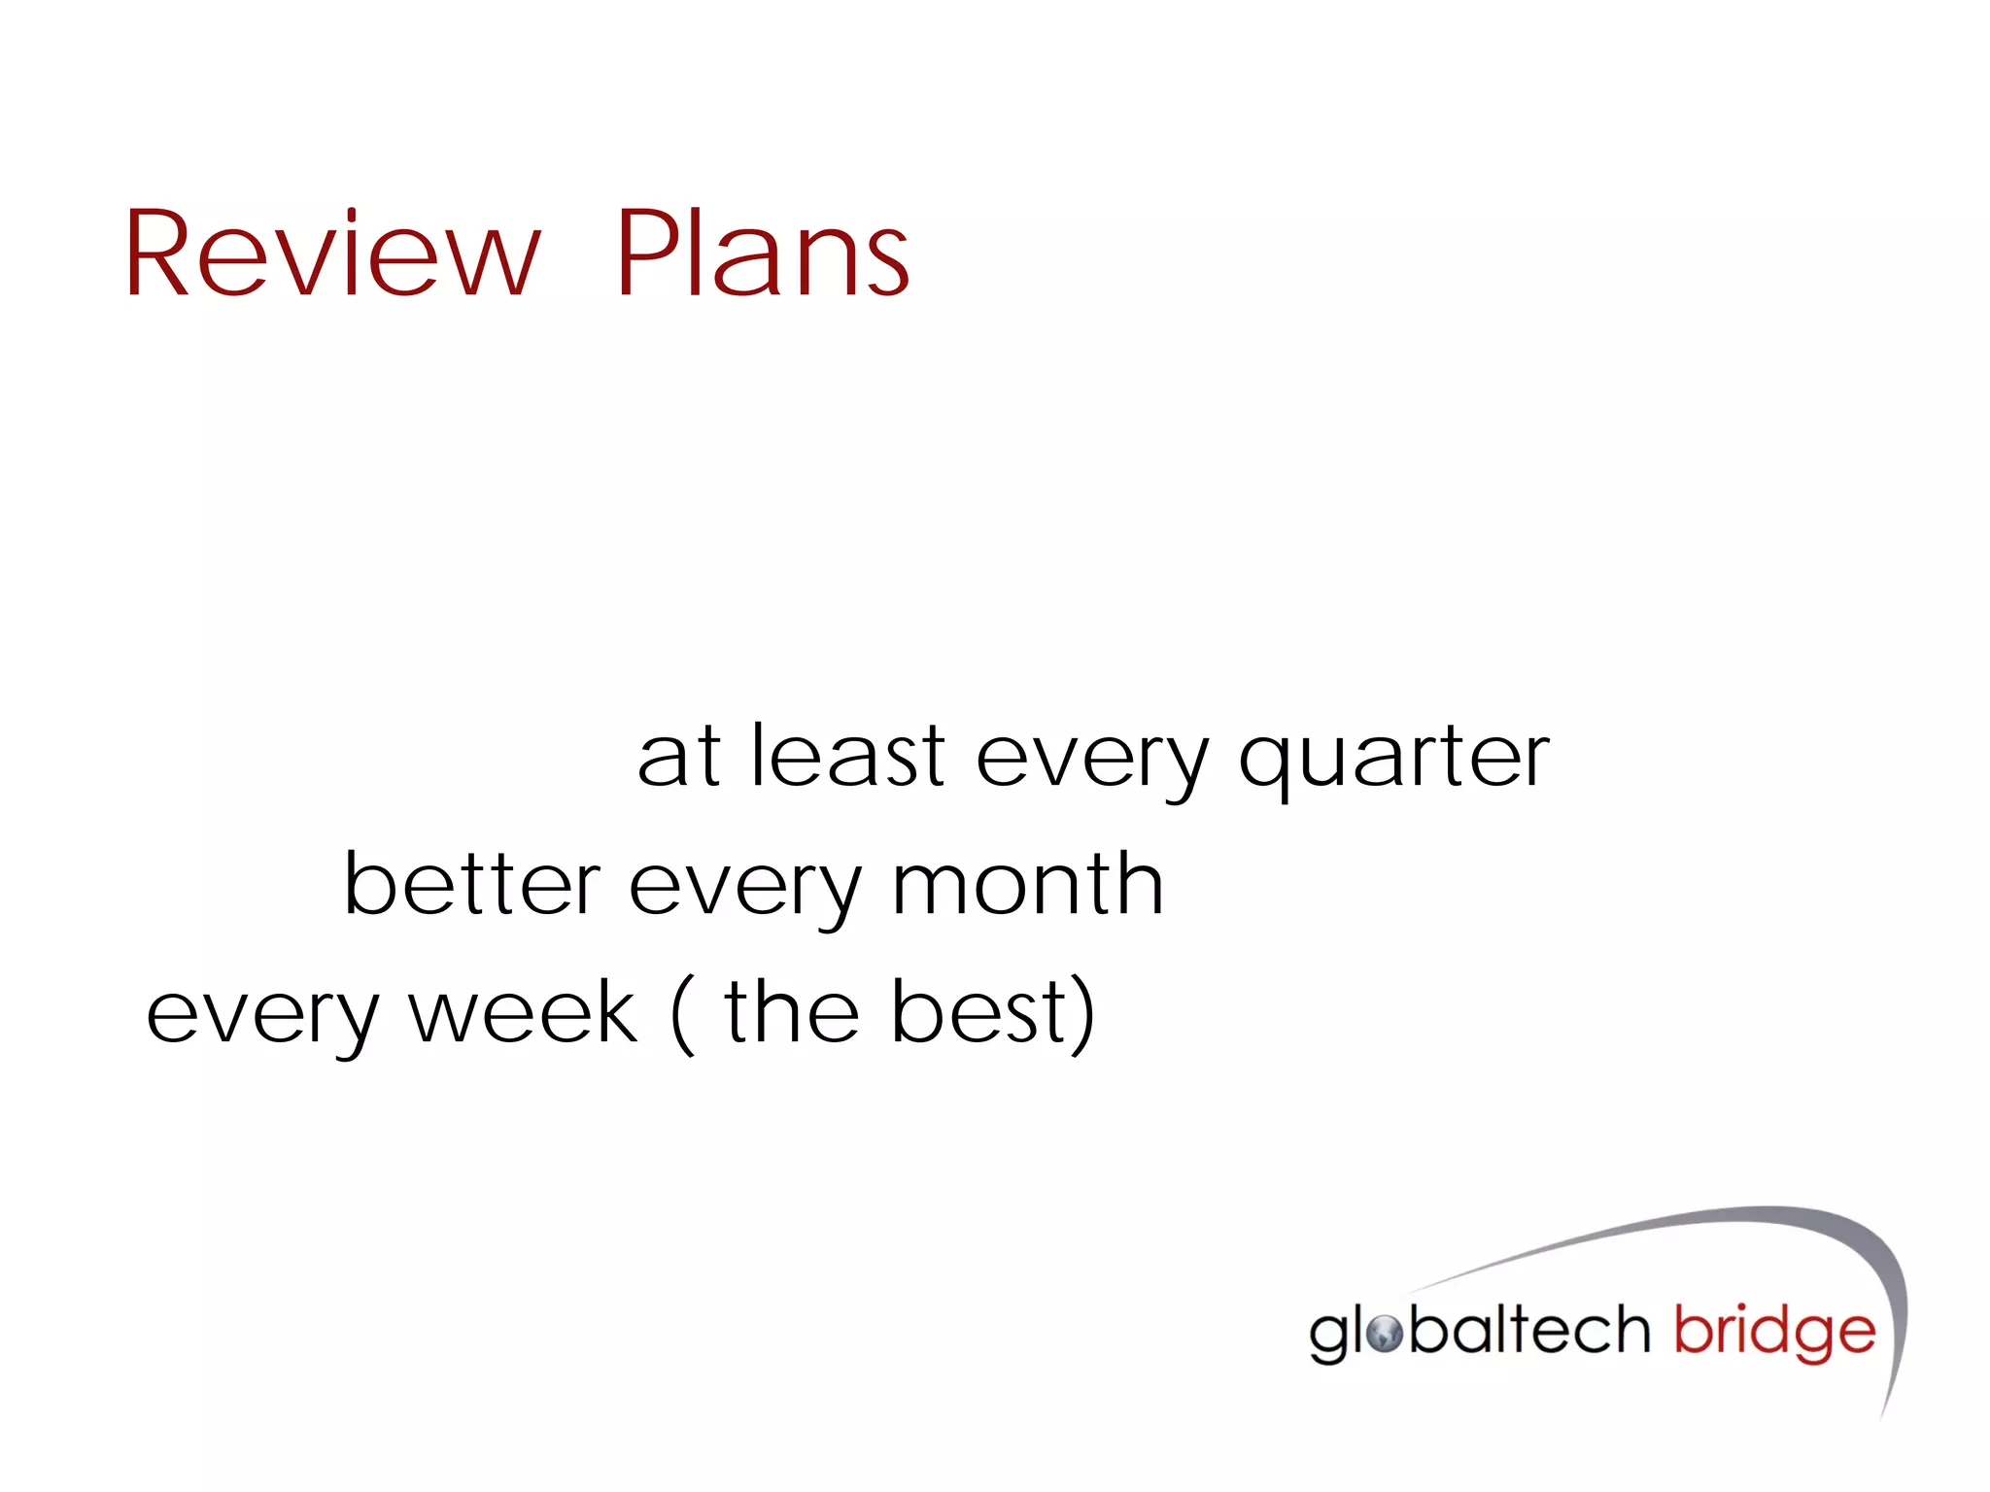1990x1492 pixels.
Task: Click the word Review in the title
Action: click(330, 254)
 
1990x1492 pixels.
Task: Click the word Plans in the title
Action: click(763, 254)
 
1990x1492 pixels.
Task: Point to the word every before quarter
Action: click(1092, 763)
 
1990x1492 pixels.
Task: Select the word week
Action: click(523, 1013)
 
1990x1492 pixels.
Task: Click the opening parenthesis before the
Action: click(683, 1015)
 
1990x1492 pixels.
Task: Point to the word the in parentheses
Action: click(791, 1012)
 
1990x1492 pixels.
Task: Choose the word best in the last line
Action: click(979, 1012)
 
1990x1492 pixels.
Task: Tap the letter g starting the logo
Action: click(1329, 1339)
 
